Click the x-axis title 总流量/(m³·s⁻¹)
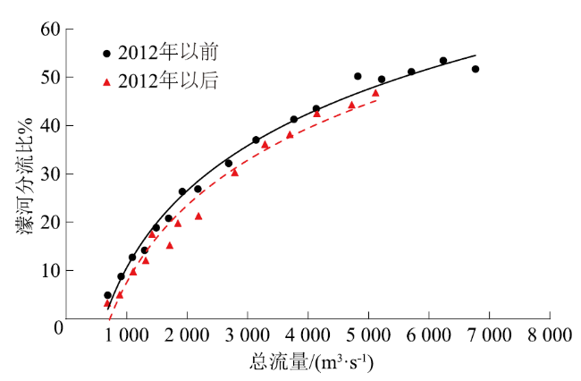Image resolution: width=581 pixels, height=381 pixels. pos(312,362)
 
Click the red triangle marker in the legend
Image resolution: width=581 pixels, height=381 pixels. pos(107,81)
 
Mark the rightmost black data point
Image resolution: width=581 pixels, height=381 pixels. pos(476,69)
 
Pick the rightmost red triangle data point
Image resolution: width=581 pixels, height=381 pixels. pos(375,93)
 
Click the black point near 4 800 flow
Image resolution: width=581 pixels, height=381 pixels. pos(358,77)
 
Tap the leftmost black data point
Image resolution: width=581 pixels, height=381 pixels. pos(107,295)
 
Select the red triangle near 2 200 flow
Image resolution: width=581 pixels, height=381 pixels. pos(198,216)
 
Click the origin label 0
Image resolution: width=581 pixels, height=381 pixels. pos(56,328)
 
